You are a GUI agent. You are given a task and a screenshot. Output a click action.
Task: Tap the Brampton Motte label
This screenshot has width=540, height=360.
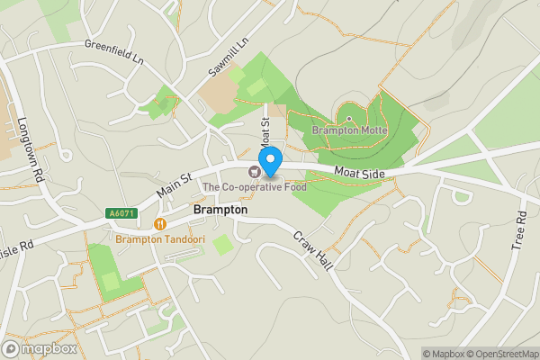pyautogui.click(x=350, y=130)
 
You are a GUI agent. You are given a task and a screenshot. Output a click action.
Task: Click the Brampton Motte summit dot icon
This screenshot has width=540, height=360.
pyautogui.click(x=349, y=118)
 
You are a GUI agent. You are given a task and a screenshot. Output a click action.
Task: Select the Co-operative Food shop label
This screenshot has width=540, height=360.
pyautogui.click(x=255, y=187)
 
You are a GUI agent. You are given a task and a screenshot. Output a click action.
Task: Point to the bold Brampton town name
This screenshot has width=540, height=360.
pyautogui.click(x=220, y=209)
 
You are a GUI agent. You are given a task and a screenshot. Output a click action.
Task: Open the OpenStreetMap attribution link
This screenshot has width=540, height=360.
pyautogui.click(x=501, y=354)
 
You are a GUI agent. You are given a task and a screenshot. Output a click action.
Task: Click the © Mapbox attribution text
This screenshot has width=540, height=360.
pyautogui.click(x=444, y=354)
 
